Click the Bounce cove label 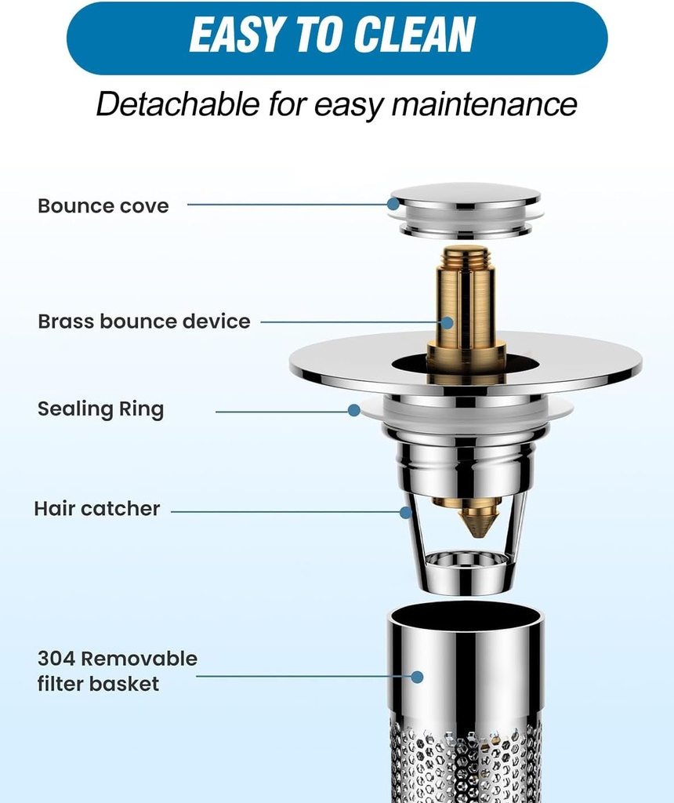click(103, 206)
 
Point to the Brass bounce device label click(144, 322)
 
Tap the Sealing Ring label click(100, 409)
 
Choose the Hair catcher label click(96, 509)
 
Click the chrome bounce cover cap click(466, 196)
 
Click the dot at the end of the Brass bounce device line click(447, 322)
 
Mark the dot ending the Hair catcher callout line click(406, 512)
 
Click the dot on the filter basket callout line click(417, 676)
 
